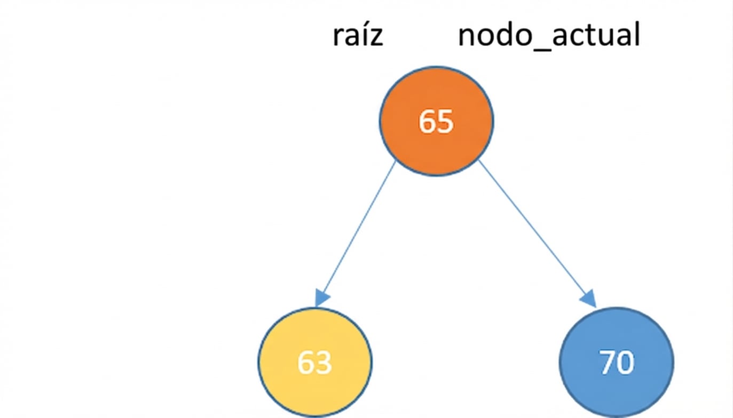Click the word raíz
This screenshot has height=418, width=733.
(x=358, y=36)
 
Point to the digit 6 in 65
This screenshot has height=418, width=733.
(x=427, y=122)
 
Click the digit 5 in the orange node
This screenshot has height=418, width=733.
(x=445, y=122)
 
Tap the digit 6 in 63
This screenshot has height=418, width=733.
(x=306, y=363)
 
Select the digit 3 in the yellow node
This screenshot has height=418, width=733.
(x=324, y=363)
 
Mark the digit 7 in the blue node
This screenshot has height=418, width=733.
(x=608, y=363)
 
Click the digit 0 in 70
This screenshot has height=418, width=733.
(x=626, y=363)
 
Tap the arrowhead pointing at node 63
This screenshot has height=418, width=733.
(x=322, y=298)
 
